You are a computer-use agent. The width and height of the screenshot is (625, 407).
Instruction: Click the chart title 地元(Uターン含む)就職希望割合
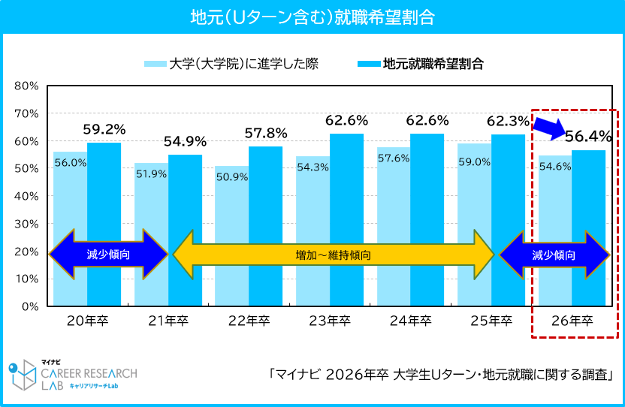(x=312, y=17)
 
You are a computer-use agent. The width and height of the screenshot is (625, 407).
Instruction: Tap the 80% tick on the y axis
(x=26, y=86)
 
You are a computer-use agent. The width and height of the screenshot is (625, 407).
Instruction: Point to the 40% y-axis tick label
(x=26, y=196)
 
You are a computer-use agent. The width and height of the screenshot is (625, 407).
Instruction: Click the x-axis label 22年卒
(x=249, y=321)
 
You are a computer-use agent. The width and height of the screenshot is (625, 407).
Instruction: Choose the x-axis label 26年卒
(x=572, y=321)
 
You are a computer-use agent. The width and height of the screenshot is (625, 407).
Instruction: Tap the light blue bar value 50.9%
(x=231, y=177)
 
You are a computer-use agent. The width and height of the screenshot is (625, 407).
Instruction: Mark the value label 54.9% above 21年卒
(x=185, y=141)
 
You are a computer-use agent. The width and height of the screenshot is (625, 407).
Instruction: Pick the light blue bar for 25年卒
(x=474, y=225)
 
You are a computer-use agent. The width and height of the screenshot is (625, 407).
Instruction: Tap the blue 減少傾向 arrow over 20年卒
(x=108, y=255)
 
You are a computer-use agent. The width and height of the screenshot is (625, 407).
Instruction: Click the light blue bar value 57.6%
(x=393, y=158)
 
